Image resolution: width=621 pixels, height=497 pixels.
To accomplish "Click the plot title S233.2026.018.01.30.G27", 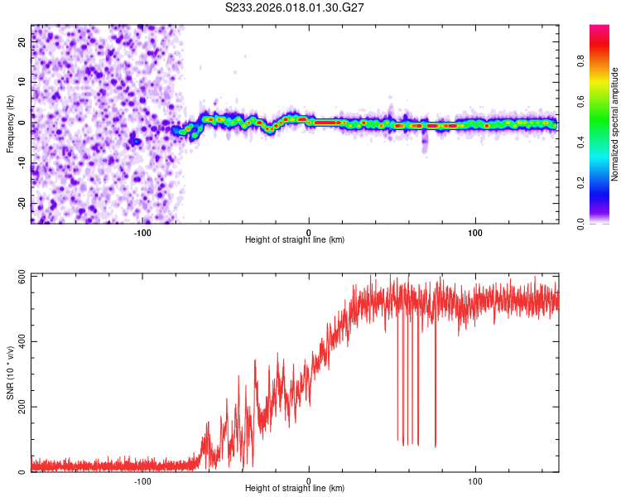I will pyautogui.click(x=296, y=7).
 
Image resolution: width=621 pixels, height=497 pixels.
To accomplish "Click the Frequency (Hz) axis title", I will pyautogui.click(x=10, y=124).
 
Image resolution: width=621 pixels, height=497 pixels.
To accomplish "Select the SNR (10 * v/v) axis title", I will pyautogui.click(x=10, y=373).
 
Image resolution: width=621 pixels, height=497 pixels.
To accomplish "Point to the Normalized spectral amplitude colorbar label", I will pyautogui.click(x=614, y=124).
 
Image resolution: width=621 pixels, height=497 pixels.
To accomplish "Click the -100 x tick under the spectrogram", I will pyautogui.click(x=142, y=232).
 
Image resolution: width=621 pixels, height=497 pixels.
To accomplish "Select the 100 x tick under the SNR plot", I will pyautogui.click(x=476, y=480).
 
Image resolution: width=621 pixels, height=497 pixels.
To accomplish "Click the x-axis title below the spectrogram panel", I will pyautogui.click(x=295, y=240).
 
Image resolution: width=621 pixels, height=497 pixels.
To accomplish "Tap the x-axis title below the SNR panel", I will pyautogui.click(x=295, y=490).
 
